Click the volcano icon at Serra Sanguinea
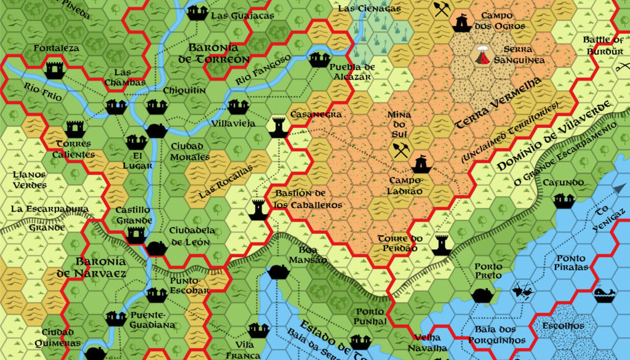484,55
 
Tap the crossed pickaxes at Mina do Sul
401,150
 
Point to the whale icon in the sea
602,295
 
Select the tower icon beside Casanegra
278,127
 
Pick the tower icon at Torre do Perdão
441,244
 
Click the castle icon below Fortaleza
54,70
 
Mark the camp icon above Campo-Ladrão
421,164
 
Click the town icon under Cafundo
562,200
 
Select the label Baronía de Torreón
218,54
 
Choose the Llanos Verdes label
29,180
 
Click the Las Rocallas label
226,183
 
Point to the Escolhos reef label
563,325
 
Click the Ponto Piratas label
572,262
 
